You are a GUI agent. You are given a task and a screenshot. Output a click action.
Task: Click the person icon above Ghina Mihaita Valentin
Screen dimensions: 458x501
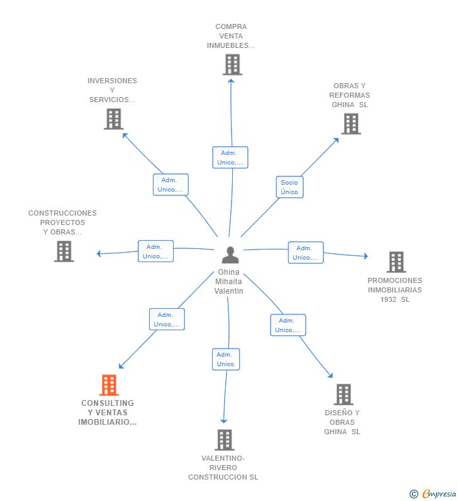[x=230, y=255]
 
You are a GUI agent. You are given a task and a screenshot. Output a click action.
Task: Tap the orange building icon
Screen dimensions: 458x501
[x=109, y=385]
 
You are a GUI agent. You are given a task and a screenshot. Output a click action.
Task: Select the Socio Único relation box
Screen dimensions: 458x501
[x=289, y=187]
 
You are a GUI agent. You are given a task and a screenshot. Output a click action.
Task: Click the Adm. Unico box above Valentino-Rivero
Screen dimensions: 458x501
[x=226, y=359]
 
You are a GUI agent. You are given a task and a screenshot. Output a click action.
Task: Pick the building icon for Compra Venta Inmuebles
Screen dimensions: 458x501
[x=233, y=65]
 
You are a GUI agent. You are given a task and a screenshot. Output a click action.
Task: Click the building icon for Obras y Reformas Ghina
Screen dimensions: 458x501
[x=351, y=124]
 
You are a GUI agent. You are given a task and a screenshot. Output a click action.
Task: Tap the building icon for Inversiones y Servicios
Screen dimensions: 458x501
[x=114, y=119]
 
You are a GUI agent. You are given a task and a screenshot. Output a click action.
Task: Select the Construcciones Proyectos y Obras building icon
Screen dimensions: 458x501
[x=64, y=251]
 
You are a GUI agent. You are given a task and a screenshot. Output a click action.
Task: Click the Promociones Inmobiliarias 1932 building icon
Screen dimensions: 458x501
[x=396, y=262]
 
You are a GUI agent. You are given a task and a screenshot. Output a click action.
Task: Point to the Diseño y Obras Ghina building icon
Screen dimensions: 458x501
[x=343, y=394]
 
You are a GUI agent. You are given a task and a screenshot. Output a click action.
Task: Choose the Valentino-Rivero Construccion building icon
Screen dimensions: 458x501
[x=225, y=440]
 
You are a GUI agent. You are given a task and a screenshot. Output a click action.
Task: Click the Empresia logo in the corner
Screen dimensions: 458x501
[x=439, y=493]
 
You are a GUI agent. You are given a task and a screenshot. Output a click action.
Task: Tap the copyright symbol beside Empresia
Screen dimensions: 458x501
[x=414, y=494]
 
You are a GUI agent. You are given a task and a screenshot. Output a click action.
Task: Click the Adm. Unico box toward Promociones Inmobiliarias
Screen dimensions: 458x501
[x=306, y=253]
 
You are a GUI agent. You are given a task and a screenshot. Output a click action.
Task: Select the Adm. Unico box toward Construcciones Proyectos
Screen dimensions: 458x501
[x=155, y=251]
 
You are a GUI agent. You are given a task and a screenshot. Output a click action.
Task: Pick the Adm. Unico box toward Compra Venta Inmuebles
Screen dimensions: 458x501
[x=230, y=158]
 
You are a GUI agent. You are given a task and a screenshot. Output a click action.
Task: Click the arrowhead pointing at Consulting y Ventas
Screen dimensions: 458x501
[x=121, y=366]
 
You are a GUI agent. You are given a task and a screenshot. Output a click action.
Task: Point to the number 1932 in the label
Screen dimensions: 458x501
[x=388, y=299]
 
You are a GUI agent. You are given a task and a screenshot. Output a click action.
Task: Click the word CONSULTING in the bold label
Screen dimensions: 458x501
[x=108, y=403]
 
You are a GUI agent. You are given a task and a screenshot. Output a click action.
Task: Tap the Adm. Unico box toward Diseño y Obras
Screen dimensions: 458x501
[x=288, y=325]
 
